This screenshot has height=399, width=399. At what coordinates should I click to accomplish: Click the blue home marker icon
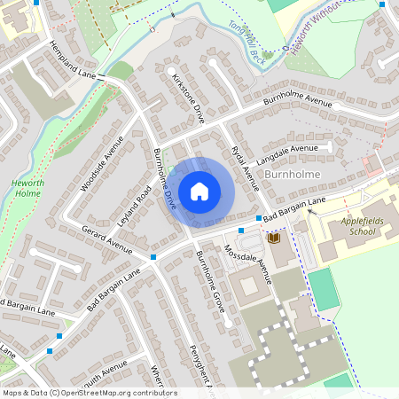click(x=199, y=191)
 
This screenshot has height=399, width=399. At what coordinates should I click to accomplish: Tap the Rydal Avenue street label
click(x=244, y=167)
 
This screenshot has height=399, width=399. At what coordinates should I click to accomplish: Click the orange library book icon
click(x=273, y=238)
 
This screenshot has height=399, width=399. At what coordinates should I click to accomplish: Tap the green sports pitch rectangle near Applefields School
click(x=324, y=289)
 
